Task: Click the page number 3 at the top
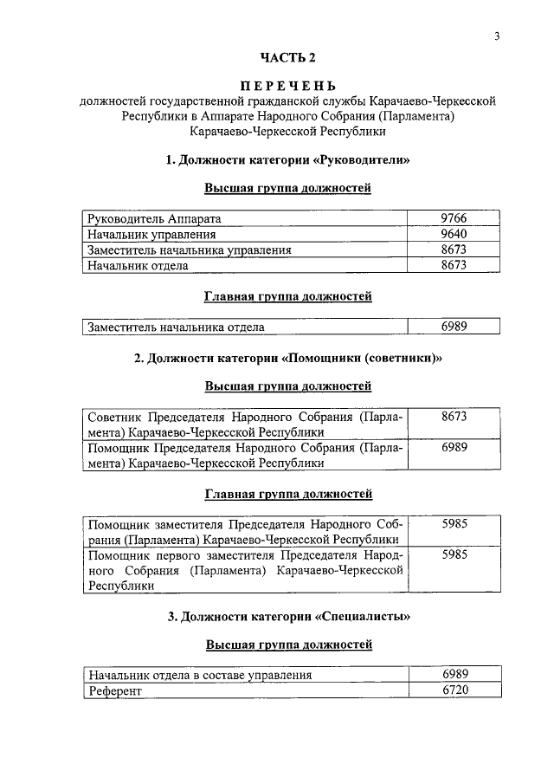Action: coord(497,36)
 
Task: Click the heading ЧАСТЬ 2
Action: coord(287,58)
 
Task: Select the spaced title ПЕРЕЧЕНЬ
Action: coord(287,86)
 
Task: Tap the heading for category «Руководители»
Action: coord(287,159)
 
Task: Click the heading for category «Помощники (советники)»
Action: coord(287,358)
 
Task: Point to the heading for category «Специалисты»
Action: coord(287,617)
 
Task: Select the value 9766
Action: coord(454,219)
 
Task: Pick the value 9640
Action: coord(454,234)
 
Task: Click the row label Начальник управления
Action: coord(151,235)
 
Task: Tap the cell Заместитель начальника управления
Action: coord(188,250)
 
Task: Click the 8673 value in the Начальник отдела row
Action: coord(454,265)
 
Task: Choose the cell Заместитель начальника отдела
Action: coord(175,327)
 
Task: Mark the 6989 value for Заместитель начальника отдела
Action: coord(454,327)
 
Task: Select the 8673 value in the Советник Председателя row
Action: coord(454,417)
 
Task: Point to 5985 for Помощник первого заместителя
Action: coord(454,555)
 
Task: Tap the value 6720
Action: coord(454,690)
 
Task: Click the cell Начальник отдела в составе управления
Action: coord(199,675)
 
